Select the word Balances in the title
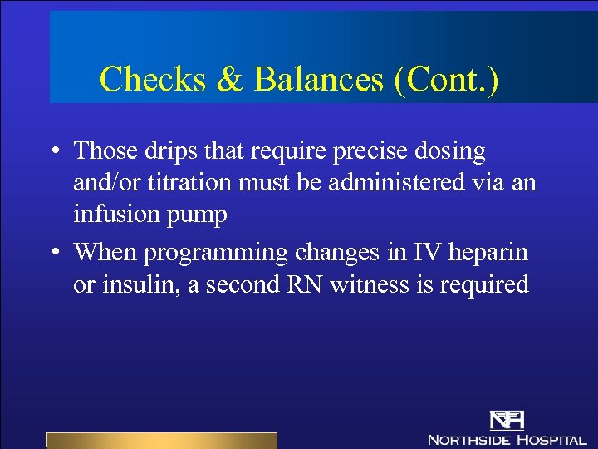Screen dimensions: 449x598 coord(319,79)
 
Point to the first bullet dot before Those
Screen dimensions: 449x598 coord(52,152)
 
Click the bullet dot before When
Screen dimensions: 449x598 coord(52,252)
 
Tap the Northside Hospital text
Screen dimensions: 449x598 coord(506,438)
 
